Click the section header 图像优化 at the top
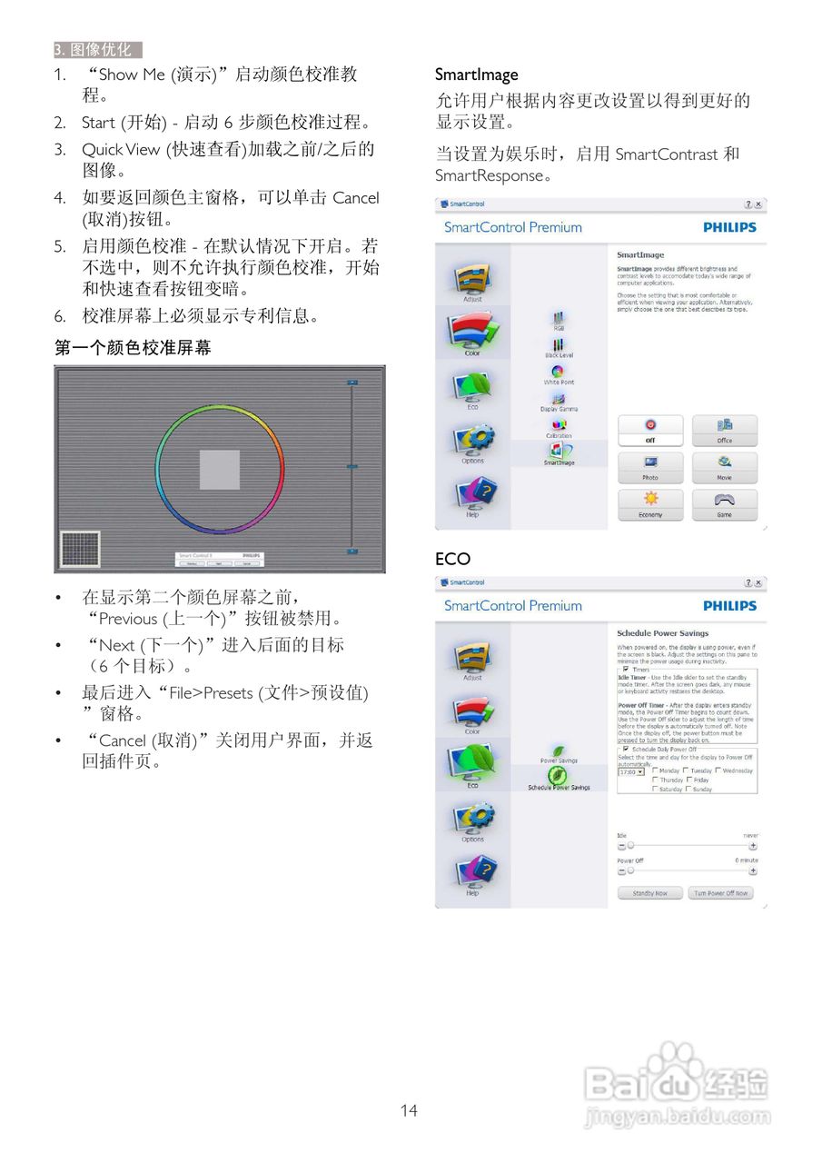pyautogui.click(x=98, y=50)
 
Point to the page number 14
pyautogui.click(x=409, y=1110)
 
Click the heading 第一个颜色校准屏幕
pyautogui.click(x=133, y=348)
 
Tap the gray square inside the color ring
pyautogui.click(x=220, y=470)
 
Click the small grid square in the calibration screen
pyautogui.click(x=79, y=549)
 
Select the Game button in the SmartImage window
pyautogui.click(x=724, y=503)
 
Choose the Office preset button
pyautogui.click(x=724, y=429)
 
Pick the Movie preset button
pyautogui.click(x=724, y=466)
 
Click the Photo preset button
pyautogui.click(x=650, y=466)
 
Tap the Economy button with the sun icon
pyautogui.click(x=650, y=503)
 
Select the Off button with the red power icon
pyautogui.click(x=650, y=429)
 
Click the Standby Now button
pyautogui.click(x=649, y=893)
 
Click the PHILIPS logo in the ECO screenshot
pyautogui.click(x=729, y=606)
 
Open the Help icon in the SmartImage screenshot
pyautogui.click(x=472, y=496)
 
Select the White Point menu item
pyautogui.click(x=559, y=374)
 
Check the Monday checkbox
pyautogui.click(x=655, y=770)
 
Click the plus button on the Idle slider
pyautogui.click(x=753, y=846)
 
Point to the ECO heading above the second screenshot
pyautogui.click(x=452, y=559)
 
